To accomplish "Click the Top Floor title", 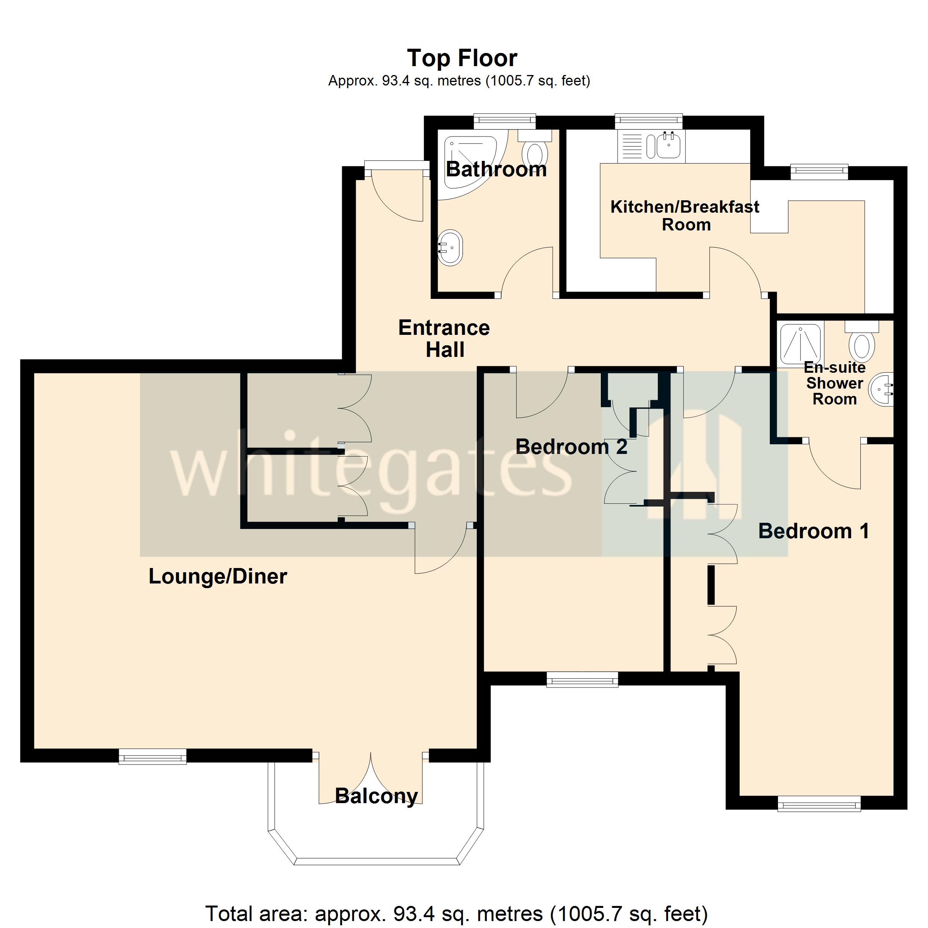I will [x=462, y=58].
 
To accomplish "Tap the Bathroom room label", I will [x=496, y=170].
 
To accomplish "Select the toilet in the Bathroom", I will [x=535, y=151].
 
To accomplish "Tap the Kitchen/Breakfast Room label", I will [x=684, y=216].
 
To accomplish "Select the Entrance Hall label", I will [x=444, y=339].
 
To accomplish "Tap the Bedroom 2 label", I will [x=571, y=447].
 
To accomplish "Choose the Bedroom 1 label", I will [x=813, y=531].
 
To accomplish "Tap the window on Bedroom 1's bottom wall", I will [x=819, y=803].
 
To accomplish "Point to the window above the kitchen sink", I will [x=648, y=121].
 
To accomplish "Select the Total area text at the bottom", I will [x=456, y=913].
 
